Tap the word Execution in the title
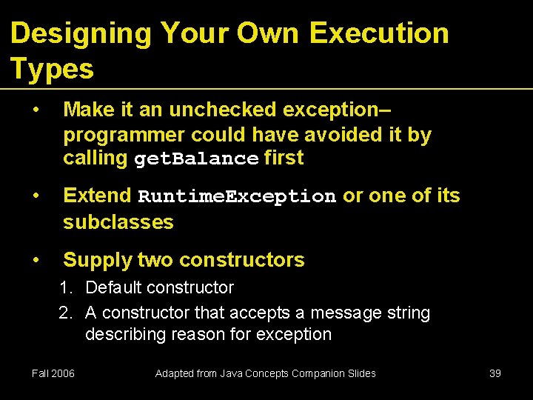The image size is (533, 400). (379, 33)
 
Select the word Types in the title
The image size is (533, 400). (52, 69)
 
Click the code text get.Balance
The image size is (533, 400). (196, 159)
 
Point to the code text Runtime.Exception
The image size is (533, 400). (237, 197)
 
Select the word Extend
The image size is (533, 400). (97, 196)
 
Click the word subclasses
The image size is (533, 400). (118, 221)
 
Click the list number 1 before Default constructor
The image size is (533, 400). (66, 287)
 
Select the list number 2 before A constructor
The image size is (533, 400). (66, 313)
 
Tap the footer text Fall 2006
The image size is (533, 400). (53, 373)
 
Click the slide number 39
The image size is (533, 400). (495, 373)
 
